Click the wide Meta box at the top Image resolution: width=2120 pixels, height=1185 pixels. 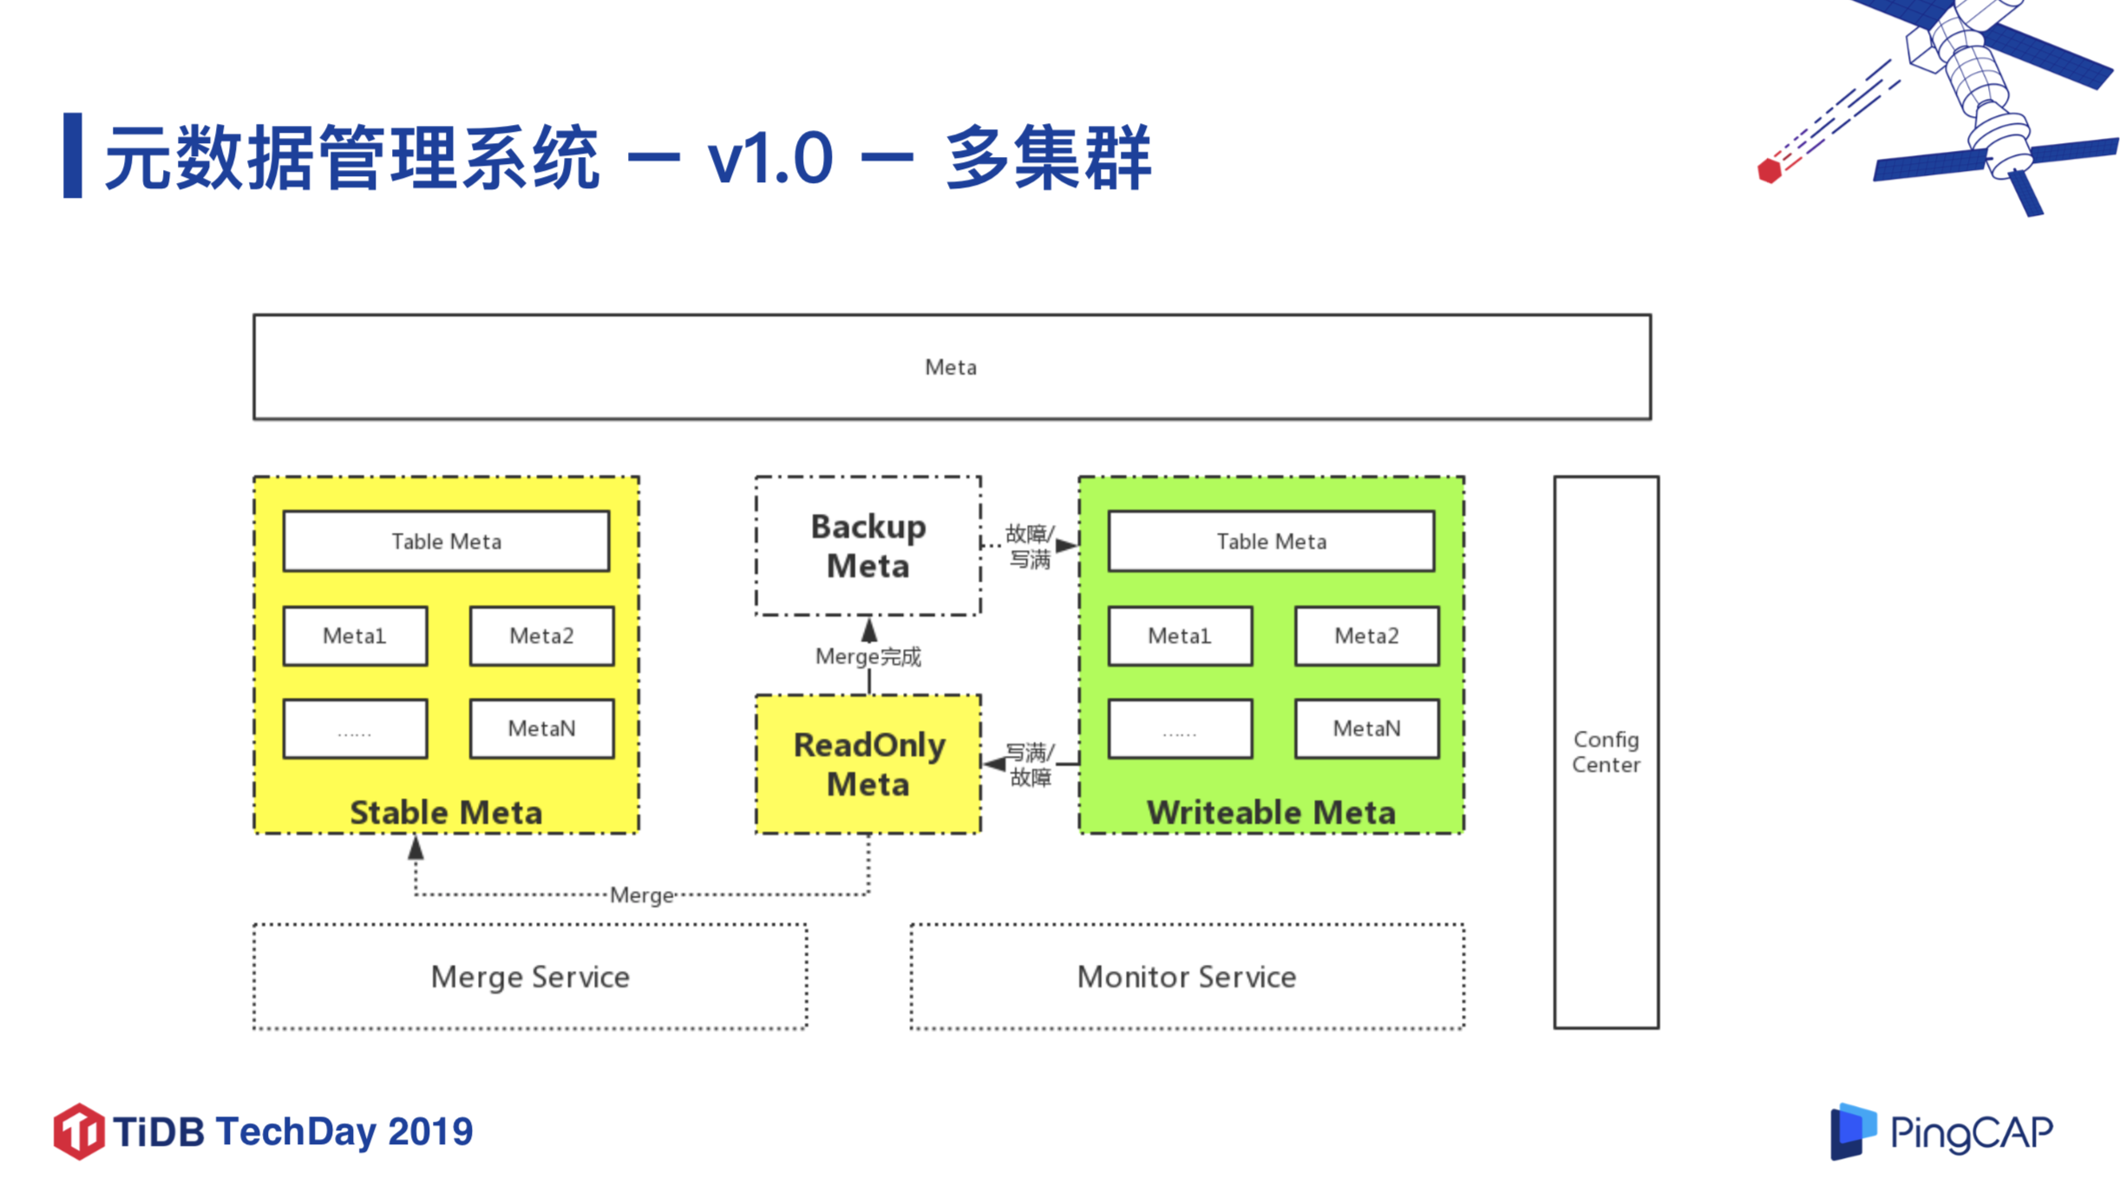[952, 367]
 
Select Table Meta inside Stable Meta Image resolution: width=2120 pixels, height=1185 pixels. [446, 541]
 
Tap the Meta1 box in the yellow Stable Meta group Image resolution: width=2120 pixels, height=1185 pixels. [355, 636]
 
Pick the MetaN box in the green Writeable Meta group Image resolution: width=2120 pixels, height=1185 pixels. [1366, 729]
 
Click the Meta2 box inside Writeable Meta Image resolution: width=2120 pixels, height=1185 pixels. [1366, 636]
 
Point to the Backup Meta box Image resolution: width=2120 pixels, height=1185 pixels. [867, 546]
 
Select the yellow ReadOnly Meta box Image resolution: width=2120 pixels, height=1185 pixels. [867, 764]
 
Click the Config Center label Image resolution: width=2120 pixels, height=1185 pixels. [1606, 752]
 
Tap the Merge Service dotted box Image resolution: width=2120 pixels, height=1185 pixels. [530, 977]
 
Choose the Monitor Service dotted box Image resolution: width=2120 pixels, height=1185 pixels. [1187, 977]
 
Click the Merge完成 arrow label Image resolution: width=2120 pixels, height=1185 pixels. [867, 657]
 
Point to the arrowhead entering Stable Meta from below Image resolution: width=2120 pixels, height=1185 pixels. [415, 848]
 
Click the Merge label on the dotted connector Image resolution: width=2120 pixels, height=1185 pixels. [641, 895]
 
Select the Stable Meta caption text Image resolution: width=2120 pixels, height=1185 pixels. [446, 813]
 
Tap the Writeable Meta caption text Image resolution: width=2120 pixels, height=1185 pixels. [1271, 813]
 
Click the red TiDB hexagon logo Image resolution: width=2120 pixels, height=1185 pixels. [78, 1131]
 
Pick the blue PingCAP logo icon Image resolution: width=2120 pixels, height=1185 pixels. [1852, 1131]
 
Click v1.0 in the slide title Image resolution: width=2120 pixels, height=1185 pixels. [769, 158]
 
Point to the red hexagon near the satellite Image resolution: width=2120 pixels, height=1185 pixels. [1769, 170]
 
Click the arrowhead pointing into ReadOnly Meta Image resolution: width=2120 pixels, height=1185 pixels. [994, 764]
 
